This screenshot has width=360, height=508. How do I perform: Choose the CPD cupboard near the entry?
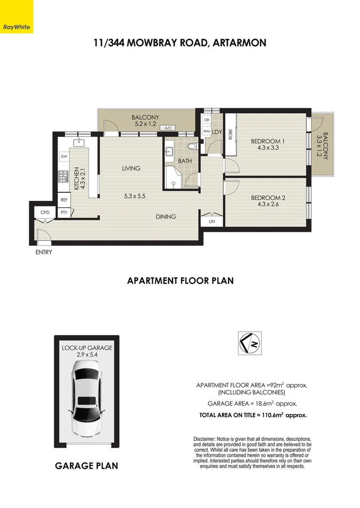coord(45,213)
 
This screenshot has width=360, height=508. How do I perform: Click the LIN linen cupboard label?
coord(212,220)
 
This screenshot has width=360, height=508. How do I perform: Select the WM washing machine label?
coord(206,131)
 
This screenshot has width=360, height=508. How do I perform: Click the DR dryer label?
coord(206,120)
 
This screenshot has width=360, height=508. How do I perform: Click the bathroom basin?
coord(170,151)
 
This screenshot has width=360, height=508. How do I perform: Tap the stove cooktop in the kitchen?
coord(63,176)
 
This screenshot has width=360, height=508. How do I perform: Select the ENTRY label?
coord(44,253)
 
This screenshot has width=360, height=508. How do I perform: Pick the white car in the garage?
coord(86,401)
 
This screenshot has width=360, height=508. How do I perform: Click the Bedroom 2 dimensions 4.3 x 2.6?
coord(268,204)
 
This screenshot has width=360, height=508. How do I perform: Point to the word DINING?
coord(166,217)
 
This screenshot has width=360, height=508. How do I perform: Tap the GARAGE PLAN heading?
coord(86,466)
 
